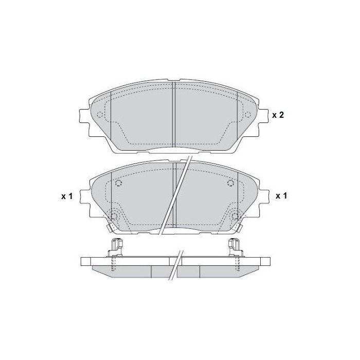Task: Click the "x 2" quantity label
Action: pos(278,115)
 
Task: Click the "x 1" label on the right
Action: pos(281,196)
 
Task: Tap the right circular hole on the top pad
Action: pos(247,115)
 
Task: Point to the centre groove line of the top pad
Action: pos(174,114)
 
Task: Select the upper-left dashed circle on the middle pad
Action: pos(118,184)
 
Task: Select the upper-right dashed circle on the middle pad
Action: pos(230,184)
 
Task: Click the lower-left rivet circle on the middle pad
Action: pos(114,216)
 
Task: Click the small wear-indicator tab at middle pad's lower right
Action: pos(240,228)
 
